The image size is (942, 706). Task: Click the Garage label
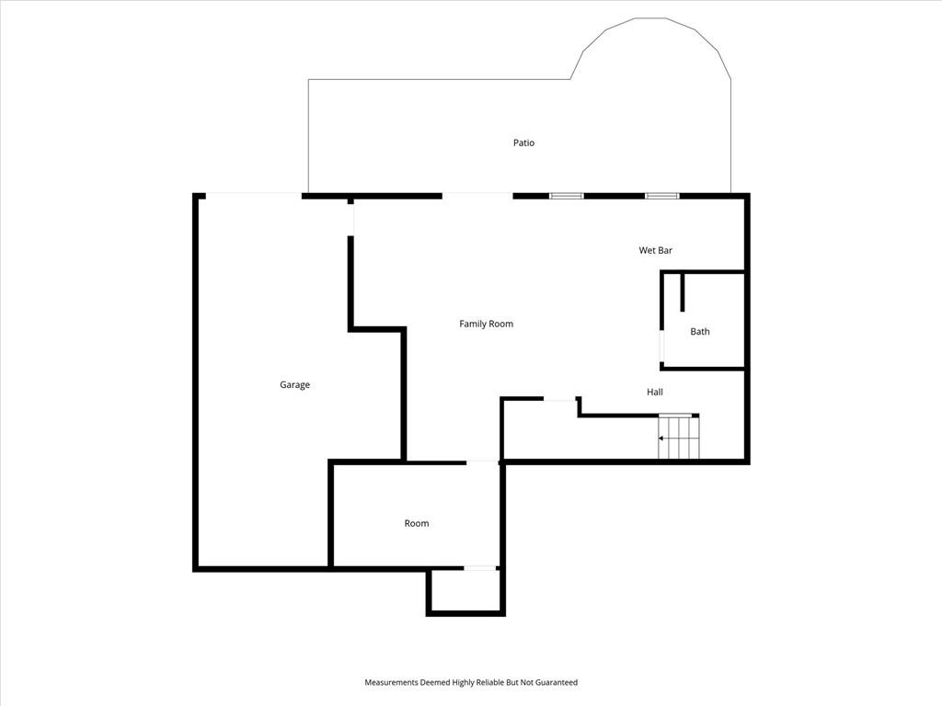point(294,385)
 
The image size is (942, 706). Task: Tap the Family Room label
point(486,324)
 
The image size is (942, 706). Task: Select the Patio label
point(523,142)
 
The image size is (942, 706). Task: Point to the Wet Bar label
point(655,250)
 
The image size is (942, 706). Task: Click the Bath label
point(700,331)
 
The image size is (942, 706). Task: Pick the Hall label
point(655,392)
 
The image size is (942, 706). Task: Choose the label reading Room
point(417,523)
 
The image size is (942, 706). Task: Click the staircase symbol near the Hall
point(679,437)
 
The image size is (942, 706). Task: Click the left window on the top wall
point(567,196)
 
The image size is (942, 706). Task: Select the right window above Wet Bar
point(662,196)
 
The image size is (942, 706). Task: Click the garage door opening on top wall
point(254,196)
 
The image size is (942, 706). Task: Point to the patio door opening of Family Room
point(477,196)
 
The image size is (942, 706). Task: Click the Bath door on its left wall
point(662,347)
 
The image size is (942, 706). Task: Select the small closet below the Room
point(465,591)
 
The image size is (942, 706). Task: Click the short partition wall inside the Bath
point(683,292)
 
